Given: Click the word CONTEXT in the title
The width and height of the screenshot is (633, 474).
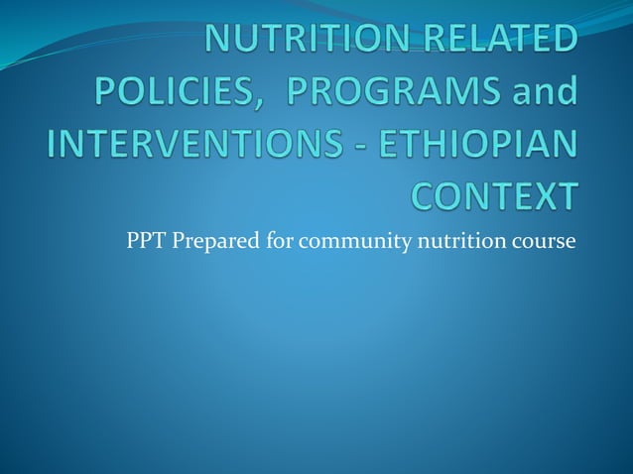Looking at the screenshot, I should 492,195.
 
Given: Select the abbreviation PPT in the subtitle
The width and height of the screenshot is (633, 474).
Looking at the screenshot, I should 145,242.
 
